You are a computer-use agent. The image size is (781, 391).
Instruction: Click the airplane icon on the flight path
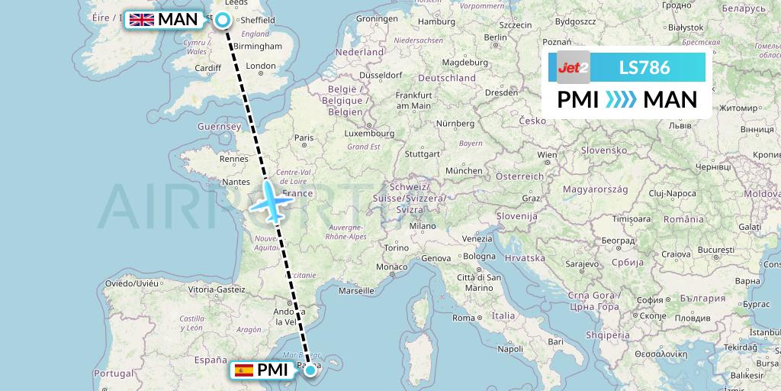[x=272, y=201]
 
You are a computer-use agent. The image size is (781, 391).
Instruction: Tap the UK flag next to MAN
[x=141, y=20]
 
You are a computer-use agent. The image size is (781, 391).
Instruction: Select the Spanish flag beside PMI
[x=244, y=370]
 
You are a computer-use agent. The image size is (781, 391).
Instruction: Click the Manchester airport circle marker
[x=222, y=21]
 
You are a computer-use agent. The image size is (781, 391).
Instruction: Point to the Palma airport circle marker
[x=310, y=371]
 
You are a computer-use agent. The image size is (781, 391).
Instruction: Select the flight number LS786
[x=644, y=68]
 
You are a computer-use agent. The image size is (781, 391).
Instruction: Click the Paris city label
[x=304, y=138]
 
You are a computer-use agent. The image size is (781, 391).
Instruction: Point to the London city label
[x=261, y=66]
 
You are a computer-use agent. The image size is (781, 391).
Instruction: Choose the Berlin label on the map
[x=495, y=37]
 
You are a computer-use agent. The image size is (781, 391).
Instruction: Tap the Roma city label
[x=464, y=317]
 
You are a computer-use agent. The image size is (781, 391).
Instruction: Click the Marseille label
[x=356, y=290]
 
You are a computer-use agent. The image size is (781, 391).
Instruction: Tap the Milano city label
[x=422, y=226]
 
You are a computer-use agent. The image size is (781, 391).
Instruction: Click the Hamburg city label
[x=437, y=21]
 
